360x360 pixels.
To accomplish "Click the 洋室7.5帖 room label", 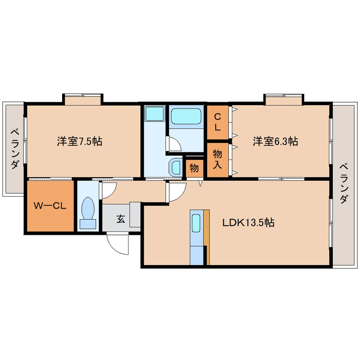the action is click(80, 141).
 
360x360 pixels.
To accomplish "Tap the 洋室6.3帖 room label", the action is click(275, 141).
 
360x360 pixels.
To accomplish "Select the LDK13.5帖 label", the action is click(249, 223).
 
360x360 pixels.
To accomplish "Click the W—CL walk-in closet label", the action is click(50, 206).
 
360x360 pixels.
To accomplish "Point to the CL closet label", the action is click(217, 122).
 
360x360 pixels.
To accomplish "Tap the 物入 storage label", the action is click(217, 159).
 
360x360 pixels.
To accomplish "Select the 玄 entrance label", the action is click(121, 219).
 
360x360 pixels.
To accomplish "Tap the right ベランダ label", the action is click(344, 183).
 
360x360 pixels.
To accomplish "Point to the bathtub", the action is click(186, 116).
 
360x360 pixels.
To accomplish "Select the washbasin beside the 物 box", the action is click(175, 167).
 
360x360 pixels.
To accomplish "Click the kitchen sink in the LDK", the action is click(196, 223).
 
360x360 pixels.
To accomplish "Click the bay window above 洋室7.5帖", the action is click(83, 100).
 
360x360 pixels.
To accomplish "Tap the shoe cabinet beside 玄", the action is click(135, 214).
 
